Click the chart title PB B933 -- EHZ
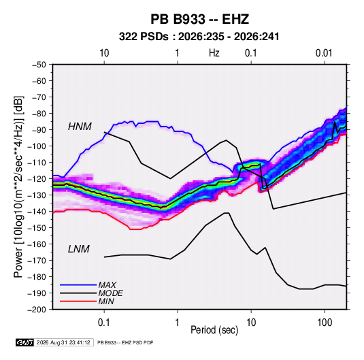coord(199,19)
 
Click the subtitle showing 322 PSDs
coord(199,37)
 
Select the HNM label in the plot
coord(80,127)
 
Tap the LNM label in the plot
coord(79,249)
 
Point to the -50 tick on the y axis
coord(39,65)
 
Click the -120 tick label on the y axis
coord(37,179)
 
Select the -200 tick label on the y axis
coord(37,310)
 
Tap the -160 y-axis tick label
coord(37,244)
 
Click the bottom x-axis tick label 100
coord(325,323)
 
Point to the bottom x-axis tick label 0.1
coord(104,323)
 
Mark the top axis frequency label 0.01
coord(324,53)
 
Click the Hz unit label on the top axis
coord(214,53)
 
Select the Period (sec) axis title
coord(214,330)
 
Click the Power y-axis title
coord(18,187)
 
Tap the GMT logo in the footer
coord(25,342)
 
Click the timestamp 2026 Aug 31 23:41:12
coord(63,342)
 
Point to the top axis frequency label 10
coord(104,53)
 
